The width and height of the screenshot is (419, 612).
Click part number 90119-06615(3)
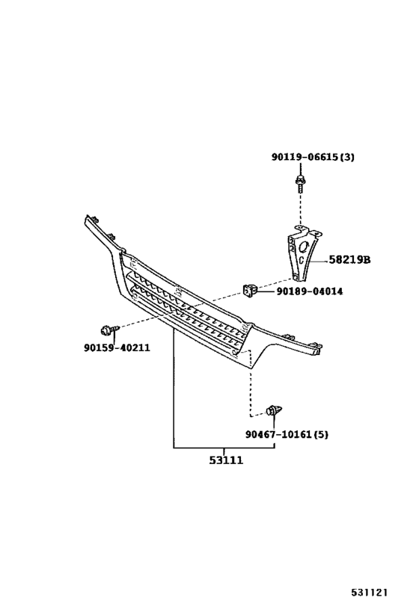coord(313,157)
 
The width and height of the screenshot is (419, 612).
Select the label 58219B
coord(349,259)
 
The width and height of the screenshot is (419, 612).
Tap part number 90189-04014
coord(310,291)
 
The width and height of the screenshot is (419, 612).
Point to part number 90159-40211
coord(117,347)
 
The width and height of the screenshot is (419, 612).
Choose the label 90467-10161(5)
coord(287,434)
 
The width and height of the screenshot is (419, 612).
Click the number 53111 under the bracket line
coord(226,460)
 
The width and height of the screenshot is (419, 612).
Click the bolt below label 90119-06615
coord(300,185)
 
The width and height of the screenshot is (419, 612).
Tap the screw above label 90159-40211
coord(109,330)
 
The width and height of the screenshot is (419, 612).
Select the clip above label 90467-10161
coord(274,411)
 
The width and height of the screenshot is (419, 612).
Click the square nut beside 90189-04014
coord(249,291)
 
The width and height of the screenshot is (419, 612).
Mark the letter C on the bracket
coord(302,260)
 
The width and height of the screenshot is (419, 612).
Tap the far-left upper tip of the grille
coord(85,216)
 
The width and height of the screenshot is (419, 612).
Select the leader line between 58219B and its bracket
coord(317,261)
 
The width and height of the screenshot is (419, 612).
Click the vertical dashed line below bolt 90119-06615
coord(300,209)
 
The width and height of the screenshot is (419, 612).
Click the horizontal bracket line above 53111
coord(224,448)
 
